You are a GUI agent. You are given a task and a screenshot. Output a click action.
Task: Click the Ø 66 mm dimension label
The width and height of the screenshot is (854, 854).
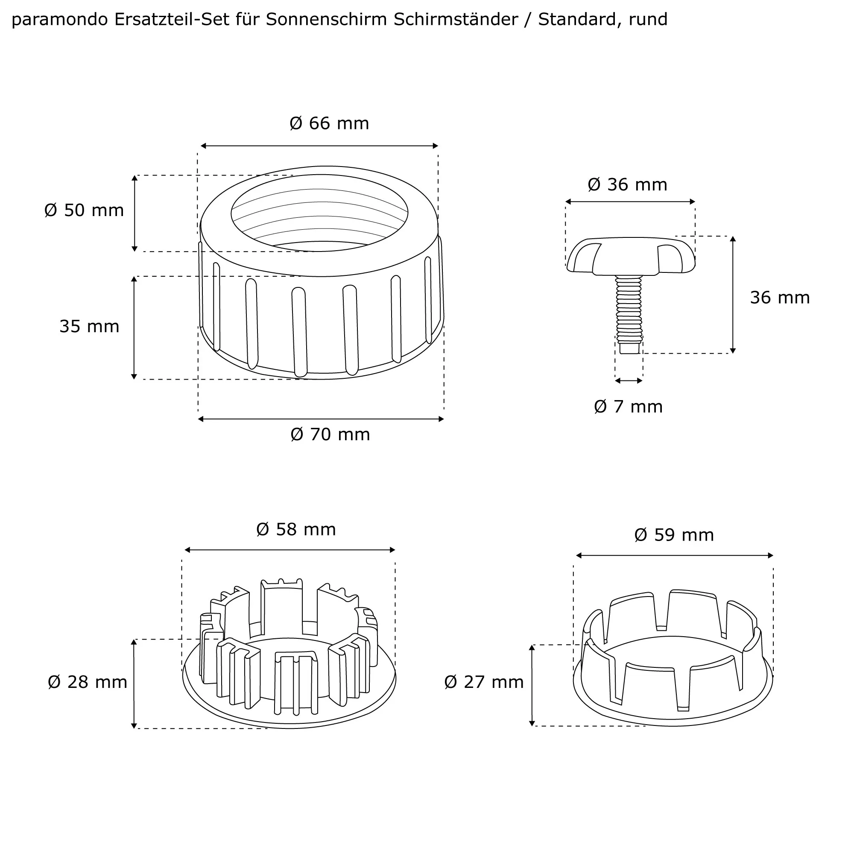coord(329,123)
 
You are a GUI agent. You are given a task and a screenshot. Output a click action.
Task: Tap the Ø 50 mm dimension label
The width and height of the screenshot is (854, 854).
coord(84,211)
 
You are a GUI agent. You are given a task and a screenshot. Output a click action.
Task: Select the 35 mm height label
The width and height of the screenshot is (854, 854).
coord(89,327)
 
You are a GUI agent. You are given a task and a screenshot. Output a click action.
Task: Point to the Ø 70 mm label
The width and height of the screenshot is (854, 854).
coord(330,435)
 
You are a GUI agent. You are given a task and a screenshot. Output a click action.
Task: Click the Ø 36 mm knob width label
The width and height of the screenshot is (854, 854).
coord(627,185)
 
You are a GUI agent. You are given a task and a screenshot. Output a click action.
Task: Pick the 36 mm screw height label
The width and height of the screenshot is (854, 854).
coord(780,298)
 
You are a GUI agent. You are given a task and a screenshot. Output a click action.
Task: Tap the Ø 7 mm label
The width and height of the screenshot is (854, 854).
coord(628,407)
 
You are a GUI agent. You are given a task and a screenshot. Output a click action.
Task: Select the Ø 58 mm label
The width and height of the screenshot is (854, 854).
coord(296,529)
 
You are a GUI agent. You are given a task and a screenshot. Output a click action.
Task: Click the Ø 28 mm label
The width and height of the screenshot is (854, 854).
coord(88,682)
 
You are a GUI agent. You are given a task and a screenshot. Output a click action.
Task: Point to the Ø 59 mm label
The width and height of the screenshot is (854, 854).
coord(674,535)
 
